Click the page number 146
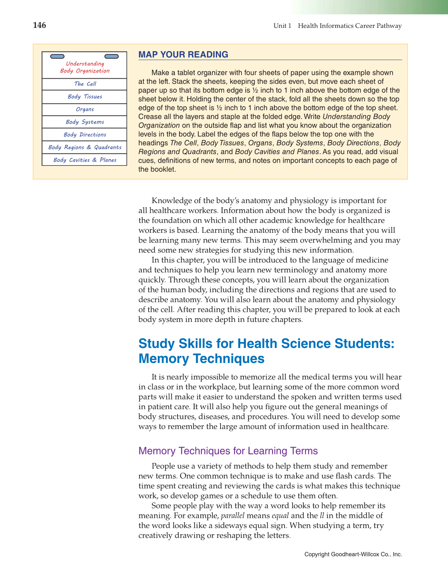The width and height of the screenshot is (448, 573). coord(40,26)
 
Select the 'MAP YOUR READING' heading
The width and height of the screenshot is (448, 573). coord(183,55)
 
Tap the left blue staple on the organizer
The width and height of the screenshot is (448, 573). coord(57,57)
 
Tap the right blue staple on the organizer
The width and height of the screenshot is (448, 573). coord(112,57)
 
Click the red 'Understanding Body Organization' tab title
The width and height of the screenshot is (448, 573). coord(85,67)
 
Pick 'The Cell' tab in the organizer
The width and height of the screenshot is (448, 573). coord(85,84)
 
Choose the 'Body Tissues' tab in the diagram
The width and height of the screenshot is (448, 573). coord(85,97)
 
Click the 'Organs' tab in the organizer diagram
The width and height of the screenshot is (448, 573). coord(85,110)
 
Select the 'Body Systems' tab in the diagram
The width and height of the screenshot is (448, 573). coord(85,122)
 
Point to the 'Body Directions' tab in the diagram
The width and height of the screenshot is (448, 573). coord(85,135)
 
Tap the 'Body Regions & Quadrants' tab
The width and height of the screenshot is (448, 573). coord(85,148)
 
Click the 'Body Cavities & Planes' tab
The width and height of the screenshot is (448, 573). coord(85,160)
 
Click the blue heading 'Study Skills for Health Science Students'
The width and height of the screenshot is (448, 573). coord(266,344)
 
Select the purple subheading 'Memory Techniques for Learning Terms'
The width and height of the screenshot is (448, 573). coord(228,451)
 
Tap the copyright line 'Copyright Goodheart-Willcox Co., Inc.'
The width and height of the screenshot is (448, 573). coord(353,554)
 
